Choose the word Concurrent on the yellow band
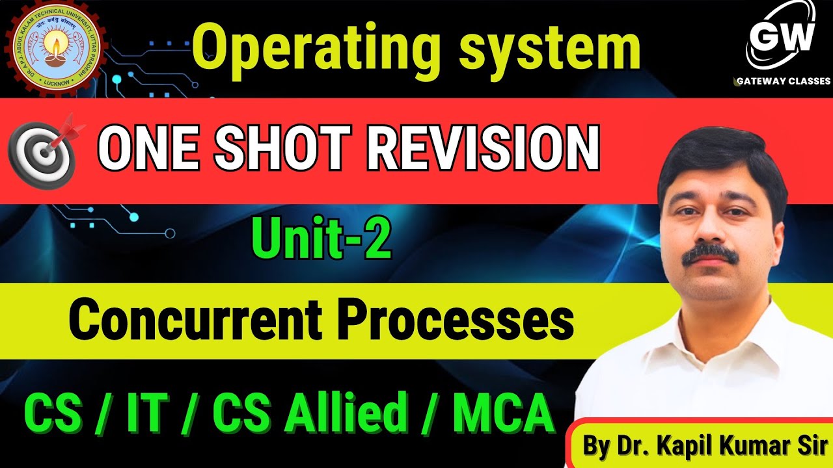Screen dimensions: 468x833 coord(193,319)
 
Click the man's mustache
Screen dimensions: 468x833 coord(710,253)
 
